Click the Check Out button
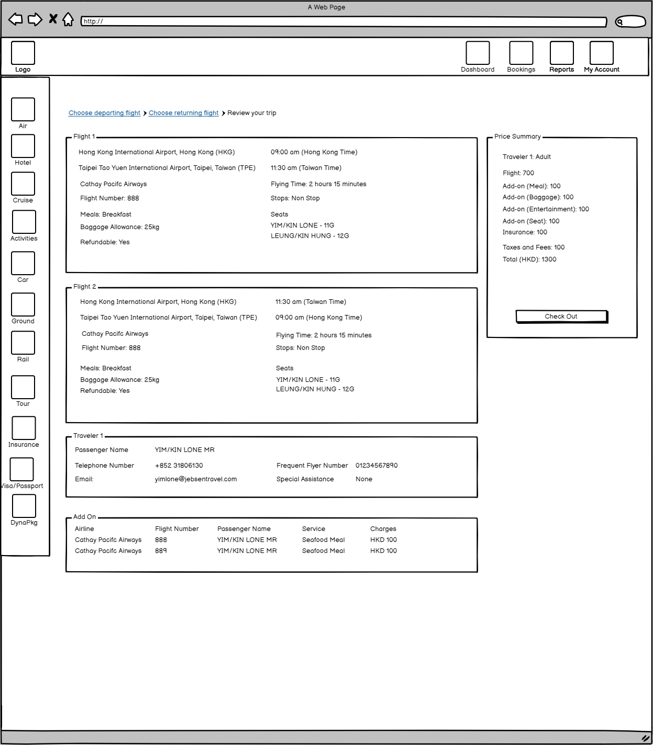click(561, 317)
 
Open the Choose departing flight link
click(104, 113)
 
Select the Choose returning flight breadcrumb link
click(183, 113)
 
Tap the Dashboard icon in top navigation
click(478, 53)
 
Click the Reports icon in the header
click(561, 53)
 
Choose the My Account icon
click(601, 53)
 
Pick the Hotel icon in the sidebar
click(23, 146)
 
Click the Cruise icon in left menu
click(23, 184)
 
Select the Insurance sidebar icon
click(24, 428)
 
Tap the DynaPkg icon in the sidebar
click(24, 506)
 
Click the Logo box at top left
click(23, 53)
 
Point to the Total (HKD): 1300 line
click(529, 259)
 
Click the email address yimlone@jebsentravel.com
click(195, 479)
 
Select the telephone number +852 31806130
click(179, 466)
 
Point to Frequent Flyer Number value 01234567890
click(377, 466)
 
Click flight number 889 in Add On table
click(161, 551)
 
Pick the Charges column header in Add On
click(383, 529)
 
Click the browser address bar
click(343, 21)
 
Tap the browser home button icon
click(68, 20)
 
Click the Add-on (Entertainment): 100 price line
click(546, 209)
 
